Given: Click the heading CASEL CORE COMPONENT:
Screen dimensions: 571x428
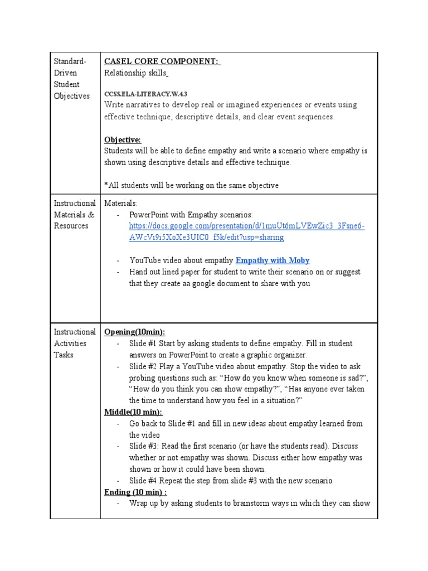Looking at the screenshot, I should [x=162, y=61].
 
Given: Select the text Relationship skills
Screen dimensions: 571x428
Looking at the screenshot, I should [x=136, y=73].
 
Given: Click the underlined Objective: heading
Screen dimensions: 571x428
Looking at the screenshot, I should [x=123, y=139].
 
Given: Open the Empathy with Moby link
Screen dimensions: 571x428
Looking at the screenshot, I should [x=273, y=260].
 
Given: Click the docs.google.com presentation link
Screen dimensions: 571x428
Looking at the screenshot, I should [x=246, y=231].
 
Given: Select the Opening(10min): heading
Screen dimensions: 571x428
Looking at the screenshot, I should [x=134, y=332].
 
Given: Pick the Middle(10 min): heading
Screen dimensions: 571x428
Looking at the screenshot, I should [x=133, y=412].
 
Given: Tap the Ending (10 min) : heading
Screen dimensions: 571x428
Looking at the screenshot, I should [x=135, y=492].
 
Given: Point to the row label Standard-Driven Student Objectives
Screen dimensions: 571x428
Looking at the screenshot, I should [x=71, y=79].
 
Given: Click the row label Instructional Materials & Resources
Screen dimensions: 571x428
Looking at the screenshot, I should [x=74, y=215].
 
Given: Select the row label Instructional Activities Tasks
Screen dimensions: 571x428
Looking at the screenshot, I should [x=74, y=343].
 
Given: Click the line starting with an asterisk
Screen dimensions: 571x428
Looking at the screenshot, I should [x=191, y=185].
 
